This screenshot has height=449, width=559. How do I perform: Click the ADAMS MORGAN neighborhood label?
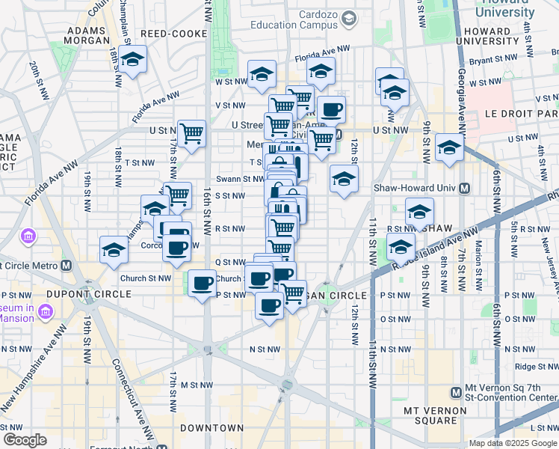89,36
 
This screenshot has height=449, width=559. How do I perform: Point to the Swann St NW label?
239,179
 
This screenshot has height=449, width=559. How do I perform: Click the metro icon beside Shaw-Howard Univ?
464,189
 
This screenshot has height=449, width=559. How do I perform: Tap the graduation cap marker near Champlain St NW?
132,59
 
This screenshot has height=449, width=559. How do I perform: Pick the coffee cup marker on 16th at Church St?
202,284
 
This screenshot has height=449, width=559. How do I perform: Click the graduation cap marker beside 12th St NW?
343,179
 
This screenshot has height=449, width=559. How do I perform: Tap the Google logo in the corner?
25,439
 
